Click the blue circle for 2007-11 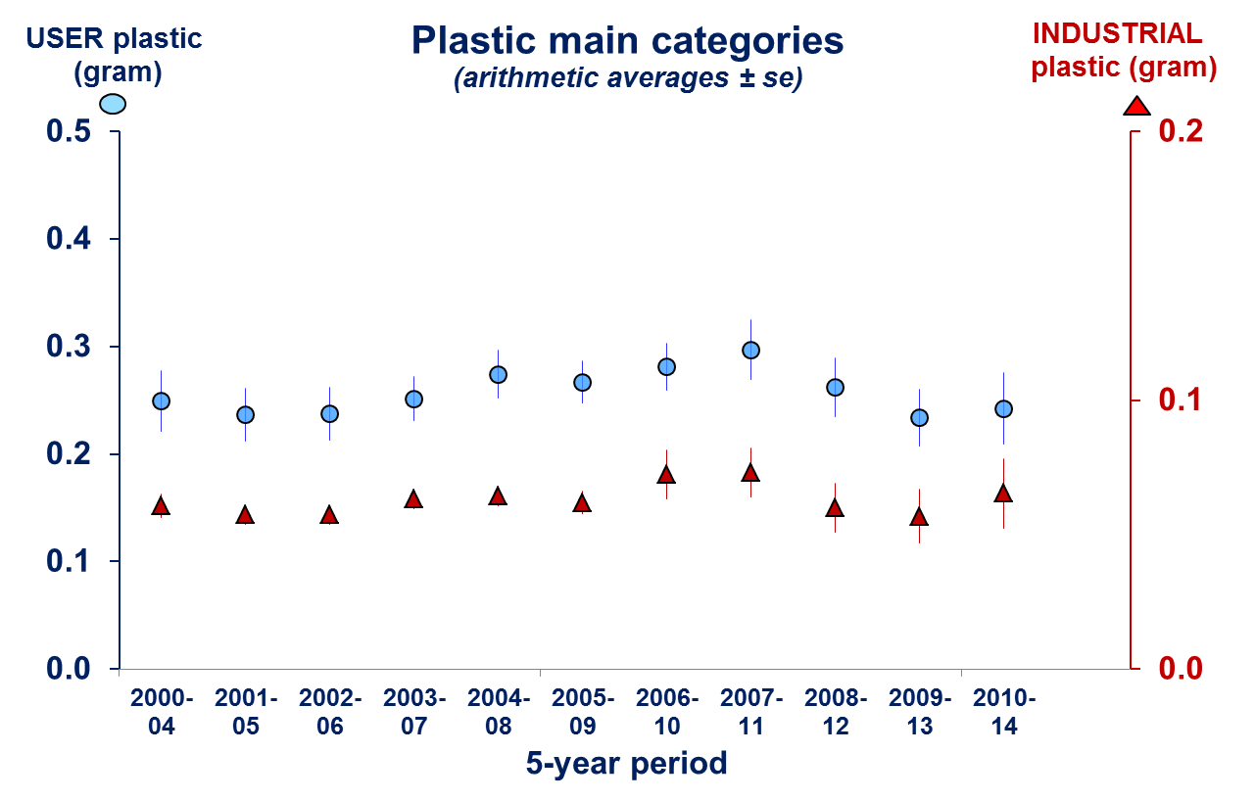[x=750, y=350]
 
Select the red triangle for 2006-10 [x=666, y=475]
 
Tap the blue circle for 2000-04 [x=161, y=400]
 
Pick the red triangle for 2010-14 [x=1003, y=494]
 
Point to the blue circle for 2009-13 [x=919, y=418]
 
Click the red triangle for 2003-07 [x=413, y=499]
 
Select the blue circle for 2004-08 [x=498, y=374]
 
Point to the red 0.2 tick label [x=1181, y=131]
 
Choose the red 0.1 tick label [x=1181, y=400]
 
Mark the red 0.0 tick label [x=1181, y=669]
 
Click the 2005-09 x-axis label [x=582, y=712]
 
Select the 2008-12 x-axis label [x=835, y=712]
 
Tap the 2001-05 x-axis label [x=245, y=712]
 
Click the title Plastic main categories [x=627, y=41]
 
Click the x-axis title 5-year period [x=627, y=763]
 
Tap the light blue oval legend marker [x=114, y=104]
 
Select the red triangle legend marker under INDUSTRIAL [x=1136, y=106]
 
